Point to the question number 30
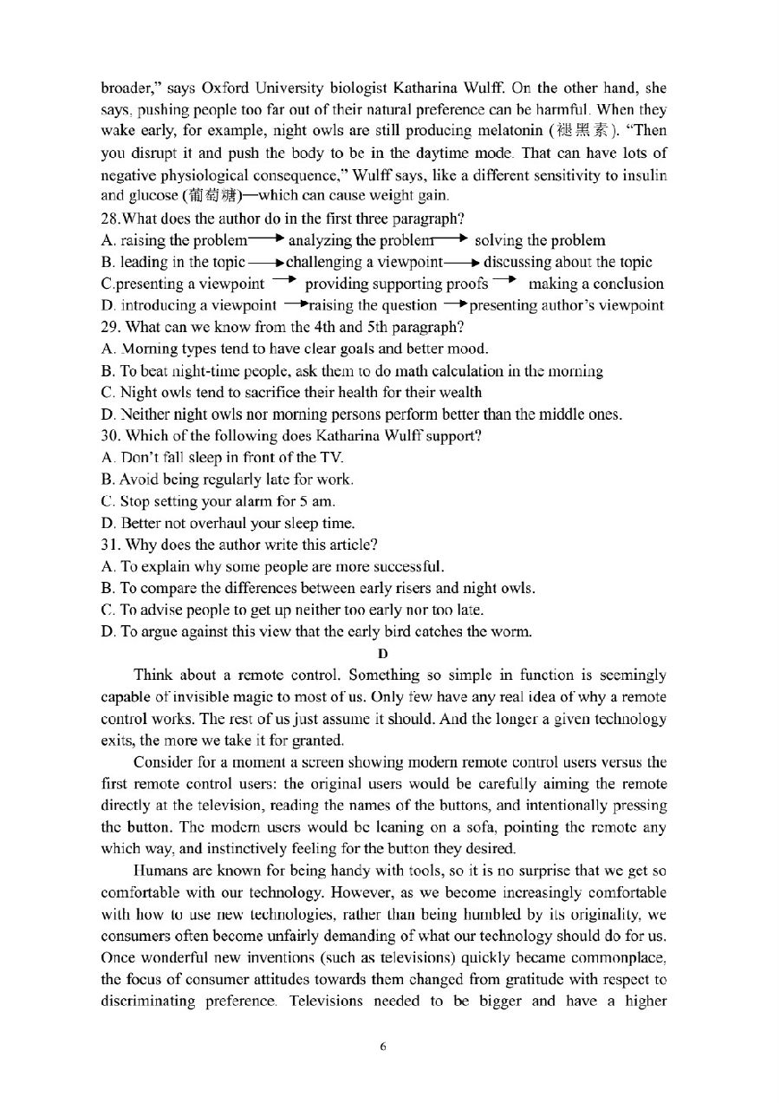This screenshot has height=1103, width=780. (110, 435)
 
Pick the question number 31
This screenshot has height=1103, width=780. (110, 545)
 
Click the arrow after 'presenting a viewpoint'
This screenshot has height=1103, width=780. (284, 281)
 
